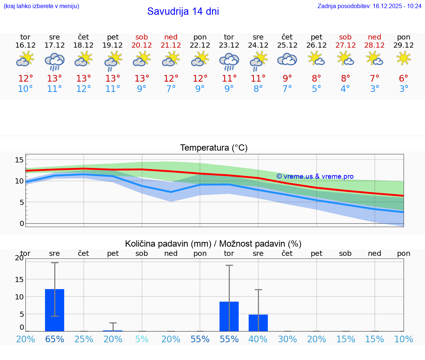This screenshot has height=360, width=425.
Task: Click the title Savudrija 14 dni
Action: pyautogui.click(x=183, y=11)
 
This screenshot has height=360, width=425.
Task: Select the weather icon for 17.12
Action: pyautogui.click(x=55, y=61)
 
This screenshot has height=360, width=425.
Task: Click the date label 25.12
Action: pyautogui.click(x=287, y=45)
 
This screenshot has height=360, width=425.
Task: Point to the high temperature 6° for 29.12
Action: pyautogui.click(x=404, y=78)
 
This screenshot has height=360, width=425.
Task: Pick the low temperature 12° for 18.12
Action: pyautogui.click(x=84, y=89)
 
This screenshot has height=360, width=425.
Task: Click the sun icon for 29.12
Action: pyautogui.click(x=404, y=58)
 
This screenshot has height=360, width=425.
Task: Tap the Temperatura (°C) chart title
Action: pyautogui.click(x=214, y=148)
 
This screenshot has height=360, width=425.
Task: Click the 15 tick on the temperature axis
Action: pyautogui.click(x=19, y=160)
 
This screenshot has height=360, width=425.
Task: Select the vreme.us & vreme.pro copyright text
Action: pyautogui.click(x=315, y=176)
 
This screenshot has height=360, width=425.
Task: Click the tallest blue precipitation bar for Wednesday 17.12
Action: pyautogui.click(x=55, y=310)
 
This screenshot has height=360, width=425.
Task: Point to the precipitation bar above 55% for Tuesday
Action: pyautogui.click(x=229, y=316)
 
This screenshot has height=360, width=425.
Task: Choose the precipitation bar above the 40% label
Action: pyautogui.click(x=258, y=323)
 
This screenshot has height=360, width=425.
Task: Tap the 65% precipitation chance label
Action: pyautogui.click(x=55, y=339)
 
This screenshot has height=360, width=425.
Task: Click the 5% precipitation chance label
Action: pyautogui.click(x=142, y=339)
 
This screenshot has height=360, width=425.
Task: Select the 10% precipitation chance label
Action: pyautogui.click(x=404, y=339)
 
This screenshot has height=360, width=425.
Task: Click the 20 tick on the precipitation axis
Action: pyautogui.click(x=19, y=258)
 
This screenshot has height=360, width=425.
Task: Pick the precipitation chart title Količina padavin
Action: pyautogui.click(x=213, y=244)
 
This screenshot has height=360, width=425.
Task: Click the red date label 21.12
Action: pyautogui.click(x=171, y=45)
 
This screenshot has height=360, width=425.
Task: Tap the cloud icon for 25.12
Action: pyautogui.click(x=287, y=59)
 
